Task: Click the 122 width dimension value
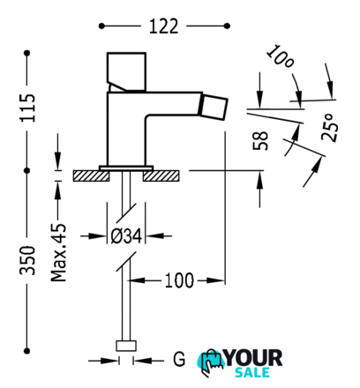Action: pyautogui.click(x=164, y=26)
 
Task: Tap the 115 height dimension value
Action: pyautogui.click(x=27, y=108)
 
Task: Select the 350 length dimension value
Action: pyautogui.click(x=27, y=260)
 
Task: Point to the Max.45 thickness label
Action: pyautogui.click(x=58, y=253)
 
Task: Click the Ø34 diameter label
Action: pyautogui.click(x=126, y=236)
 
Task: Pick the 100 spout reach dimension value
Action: pyautogui.click(x=179, y=280)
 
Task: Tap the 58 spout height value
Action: pyautogui.click(x=260, y=141)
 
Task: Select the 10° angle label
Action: pyautogui.click(x=281, y=56)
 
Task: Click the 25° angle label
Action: pyautogui.click(x=330, y=127)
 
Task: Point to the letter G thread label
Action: pyautogui.click(x=179, y=359)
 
